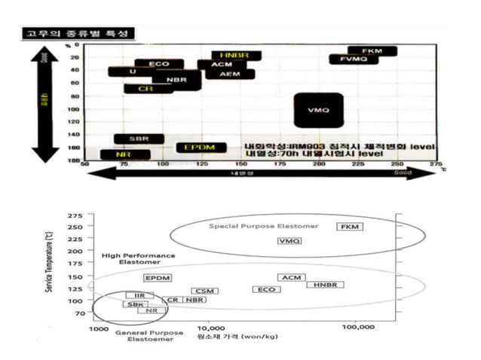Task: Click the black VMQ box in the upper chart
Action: tap(319, 110)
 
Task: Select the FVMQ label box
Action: tap(353, 59)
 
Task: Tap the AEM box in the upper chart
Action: tap(230, 75)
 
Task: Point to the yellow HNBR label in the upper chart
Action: tap(236, 56)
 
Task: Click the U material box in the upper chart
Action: tap(133, 72)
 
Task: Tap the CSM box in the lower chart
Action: tap(204, 291)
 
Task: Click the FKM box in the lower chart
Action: tap(350, 227)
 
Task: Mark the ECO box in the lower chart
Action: tap(266, 289)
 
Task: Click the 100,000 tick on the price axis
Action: tap(359, 328)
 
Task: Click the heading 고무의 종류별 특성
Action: tap(76, 34)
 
